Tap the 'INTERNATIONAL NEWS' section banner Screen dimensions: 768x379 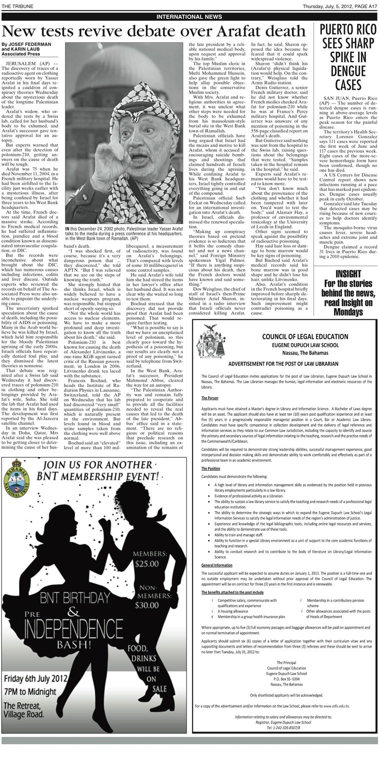[x=189, y=16]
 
